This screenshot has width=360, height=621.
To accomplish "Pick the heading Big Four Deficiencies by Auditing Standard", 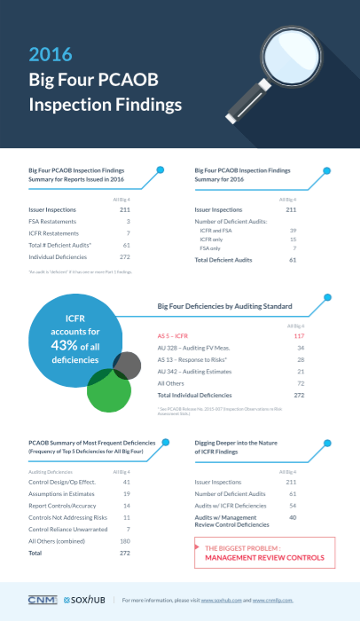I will click(224, 305).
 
